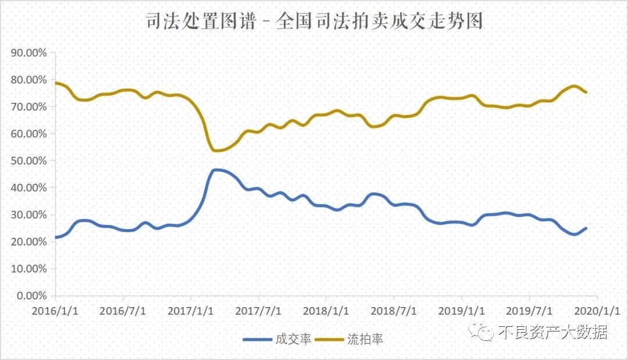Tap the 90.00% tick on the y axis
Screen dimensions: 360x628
pos(28,53)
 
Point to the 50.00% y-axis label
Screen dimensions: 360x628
pos(28,161)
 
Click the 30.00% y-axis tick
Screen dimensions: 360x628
pos(28,215)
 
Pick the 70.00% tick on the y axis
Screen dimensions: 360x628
pos(28,107)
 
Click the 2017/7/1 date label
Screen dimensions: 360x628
pos(258,310)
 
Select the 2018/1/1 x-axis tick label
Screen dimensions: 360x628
pos(326,310)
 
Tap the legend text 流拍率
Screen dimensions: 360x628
pos(365,339)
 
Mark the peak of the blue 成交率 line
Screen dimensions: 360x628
pos(216,170)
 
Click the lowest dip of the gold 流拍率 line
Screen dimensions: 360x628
pos(216,151)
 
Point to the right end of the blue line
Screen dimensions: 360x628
pos(586,228)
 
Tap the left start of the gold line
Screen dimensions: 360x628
pos(55,83)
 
